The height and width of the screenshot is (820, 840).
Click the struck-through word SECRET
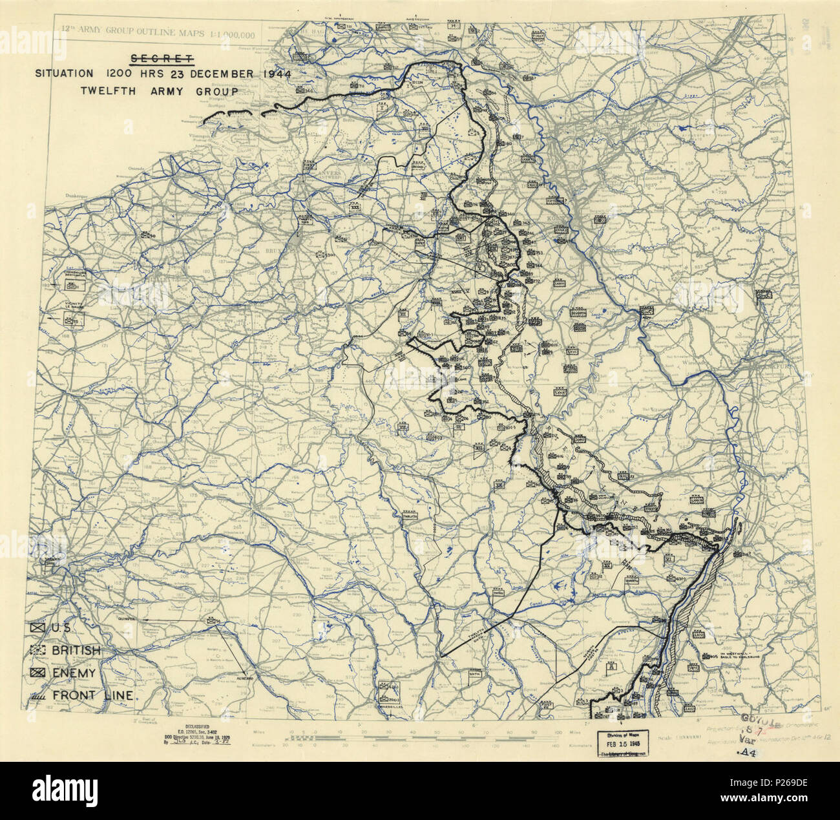[x=162, y=59]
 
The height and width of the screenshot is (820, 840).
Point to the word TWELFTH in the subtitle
[x=107, y=91]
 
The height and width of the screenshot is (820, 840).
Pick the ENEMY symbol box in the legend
[x=38, y=673]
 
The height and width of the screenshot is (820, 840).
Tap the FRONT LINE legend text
[x=93, y=696]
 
